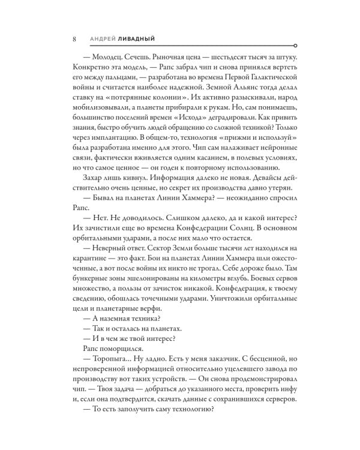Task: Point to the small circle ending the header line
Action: click(x=292, y=46)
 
